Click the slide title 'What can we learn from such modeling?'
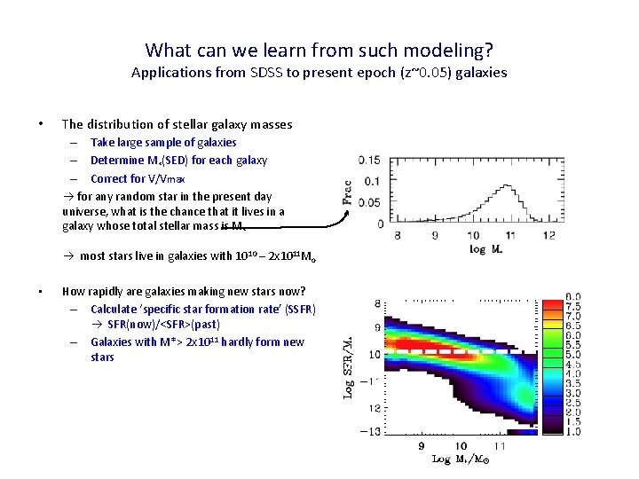coord(319,50)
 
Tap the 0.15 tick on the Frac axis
coord(370,161)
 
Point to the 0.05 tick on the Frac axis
coord(370,203)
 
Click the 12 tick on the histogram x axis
coord(549,236)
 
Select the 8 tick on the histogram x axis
coord(397,236)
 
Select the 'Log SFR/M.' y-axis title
coord(348,364)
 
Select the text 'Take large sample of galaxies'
coord(163,142)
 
